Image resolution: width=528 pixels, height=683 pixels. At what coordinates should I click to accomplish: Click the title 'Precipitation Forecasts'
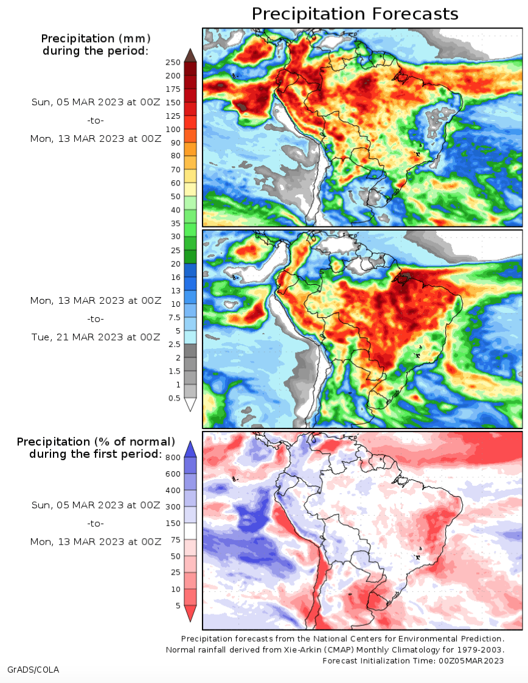click(355, 14)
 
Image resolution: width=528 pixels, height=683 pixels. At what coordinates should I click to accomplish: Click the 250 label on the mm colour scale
click(173, 62)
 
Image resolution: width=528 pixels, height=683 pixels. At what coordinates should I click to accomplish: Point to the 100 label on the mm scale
click(173, 130)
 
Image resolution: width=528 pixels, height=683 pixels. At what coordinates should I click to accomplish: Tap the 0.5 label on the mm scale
click(174, 398)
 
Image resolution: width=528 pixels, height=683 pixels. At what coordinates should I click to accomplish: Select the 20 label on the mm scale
click(175, 264)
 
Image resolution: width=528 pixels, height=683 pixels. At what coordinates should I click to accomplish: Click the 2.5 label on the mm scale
click(174, 344)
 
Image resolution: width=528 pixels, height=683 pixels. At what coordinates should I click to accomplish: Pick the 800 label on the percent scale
click(173, 457)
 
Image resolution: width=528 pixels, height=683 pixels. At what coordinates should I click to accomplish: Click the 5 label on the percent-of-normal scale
click(178, 606)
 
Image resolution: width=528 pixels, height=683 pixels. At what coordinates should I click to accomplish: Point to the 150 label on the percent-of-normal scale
click(173, 523)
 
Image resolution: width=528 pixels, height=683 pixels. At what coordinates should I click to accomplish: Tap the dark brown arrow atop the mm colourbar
click(190, 56)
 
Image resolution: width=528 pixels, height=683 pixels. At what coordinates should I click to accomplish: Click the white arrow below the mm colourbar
click(190, 404)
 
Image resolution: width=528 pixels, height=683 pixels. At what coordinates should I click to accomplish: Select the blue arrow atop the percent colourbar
click(190, 449)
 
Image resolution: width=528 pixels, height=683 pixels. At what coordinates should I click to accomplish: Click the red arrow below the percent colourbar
click(190, 613)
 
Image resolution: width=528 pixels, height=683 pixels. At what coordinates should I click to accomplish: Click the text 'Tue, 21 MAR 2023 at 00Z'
click(96, 337)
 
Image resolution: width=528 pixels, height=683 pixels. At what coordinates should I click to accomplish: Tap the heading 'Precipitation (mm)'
click(96, 38)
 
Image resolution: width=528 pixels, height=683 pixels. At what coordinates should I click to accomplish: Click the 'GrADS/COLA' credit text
click(33, 670)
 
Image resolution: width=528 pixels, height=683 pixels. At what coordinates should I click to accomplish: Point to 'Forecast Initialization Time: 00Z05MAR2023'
click(413, 661)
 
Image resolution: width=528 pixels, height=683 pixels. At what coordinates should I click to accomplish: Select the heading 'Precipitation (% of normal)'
click(96, 442)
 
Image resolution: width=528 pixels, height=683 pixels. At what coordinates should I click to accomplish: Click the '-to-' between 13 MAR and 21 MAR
click(96, 319)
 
